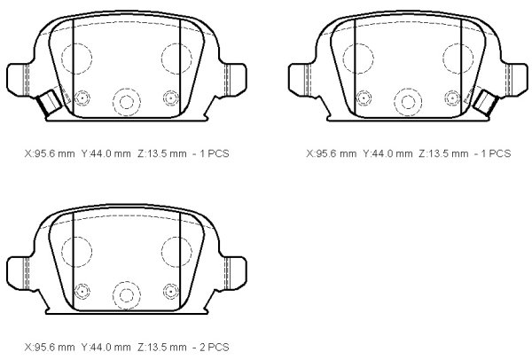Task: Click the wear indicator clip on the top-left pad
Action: (50, 101)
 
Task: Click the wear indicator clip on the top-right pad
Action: (486, 101)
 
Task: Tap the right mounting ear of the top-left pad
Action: (235, 79)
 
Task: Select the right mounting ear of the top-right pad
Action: (516, 80)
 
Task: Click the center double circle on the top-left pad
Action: (127, 102)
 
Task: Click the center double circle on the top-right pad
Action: (408, 102)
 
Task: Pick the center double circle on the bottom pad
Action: (127, 295)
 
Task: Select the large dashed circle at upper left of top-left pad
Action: (76, 59)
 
